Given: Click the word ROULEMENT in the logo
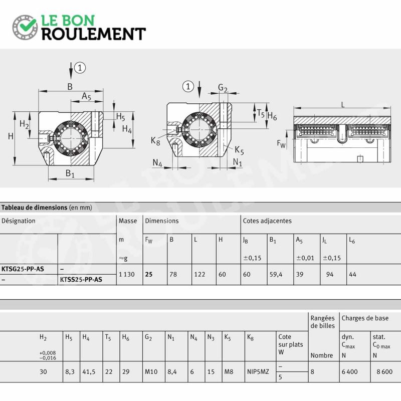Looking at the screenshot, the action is [x=94, y=34].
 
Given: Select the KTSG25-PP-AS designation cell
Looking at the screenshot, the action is [x=23, y=269].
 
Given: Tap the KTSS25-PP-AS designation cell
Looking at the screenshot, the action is [x=81, y=280].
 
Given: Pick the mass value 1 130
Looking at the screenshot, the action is [x=127, y=274].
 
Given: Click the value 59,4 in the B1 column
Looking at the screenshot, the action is [x=276, y=274].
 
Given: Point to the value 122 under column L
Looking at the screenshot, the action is [x=199, y=274].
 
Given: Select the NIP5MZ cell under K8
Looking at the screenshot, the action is [x=258, y=371].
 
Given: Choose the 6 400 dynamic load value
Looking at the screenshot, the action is [x=349, y=371].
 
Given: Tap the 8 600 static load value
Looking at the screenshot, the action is [x=384, y=371].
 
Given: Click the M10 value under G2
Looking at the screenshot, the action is [x=151, y=371].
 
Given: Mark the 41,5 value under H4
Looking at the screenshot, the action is [x=89, y=371].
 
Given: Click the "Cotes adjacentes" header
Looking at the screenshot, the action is [x=267, y=221].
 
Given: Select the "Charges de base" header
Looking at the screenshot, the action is [x=365, y=318].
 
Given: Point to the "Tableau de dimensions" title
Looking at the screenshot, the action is [x=34, y=208].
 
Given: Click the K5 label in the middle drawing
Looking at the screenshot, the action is [x=239, y=150].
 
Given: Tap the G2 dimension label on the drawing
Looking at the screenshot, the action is [x=223, y=88].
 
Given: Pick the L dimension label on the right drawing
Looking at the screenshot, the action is [x=343, y=104].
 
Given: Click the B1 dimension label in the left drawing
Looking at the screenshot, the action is [x=70, y=173].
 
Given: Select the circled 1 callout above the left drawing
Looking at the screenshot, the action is [x=80, y=68].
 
